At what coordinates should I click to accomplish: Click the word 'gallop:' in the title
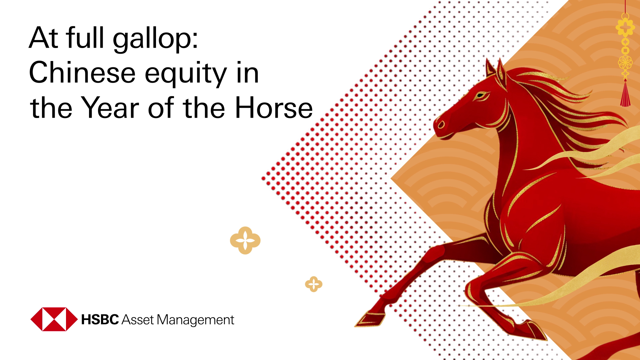pos(155,38)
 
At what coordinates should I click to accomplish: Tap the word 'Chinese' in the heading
pos(82,73)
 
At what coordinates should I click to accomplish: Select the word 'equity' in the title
pos(186,74)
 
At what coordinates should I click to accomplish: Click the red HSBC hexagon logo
pos(54,319)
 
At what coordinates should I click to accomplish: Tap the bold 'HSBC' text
pos(100,320)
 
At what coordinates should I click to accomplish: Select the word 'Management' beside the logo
pos(195,320)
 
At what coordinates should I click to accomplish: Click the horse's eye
pos(480,96)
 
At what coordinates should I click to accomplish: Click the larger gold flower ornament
pos(245,240)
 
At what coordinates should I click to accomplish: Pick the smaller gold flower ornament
pos(313,284)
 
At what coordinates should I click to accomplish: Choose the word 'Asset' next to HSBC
pos(138,320)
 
